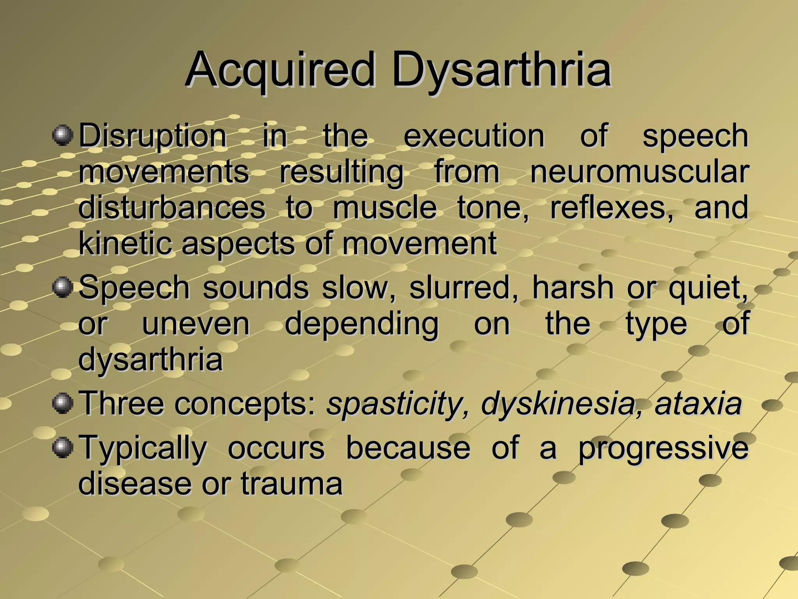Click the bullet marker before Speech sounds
[x=62, y=287]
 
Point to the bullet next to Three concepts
[x=62, y=403]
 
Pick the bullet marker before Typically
[x=62, y=447]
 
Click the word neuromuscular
[x=639, y=172]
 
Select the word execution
[x=474, y=136]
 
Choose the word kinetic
[x=125, y=243]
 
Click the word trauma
[x=291, y=484]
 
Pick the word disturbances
[x=172, y=207]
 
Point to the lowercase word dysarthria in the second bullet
[x=150, y=360]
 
